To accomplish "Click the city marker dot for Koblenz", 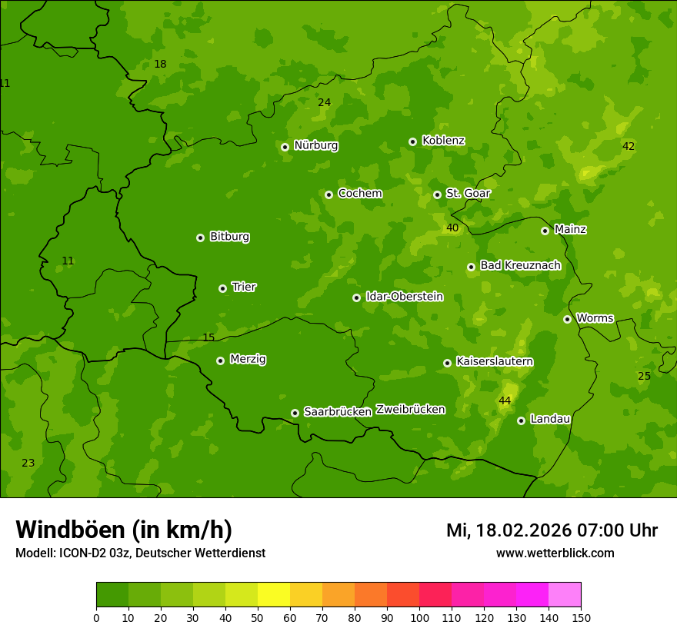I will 412,141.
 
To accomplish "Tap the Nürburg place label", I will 315,145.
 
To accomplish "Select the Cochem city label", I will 359,194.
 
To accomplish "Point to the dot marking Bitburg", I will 201,238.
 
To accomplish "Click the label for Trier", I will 243,287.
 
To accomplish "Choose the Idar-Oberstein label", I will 404,297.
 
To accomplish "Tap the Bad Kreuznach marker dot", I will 471,267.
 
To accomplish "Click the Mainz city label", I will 570,230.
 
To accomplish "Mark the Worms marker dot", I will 567,319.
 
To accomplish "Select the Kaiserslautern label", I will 494,362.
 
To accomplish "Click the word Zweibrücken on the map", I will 410,410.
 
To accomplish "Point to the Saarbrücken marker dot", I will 295,413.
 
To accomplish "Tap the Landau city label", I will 550,420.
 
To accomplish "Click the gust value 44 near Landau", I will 505,401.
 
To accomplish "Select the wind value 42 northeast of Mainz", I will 629,147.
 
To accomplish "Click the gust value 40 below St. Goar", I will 452,228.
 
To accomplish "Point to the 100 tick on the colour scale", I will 419,617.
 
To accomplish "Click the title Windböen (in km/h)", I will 124,530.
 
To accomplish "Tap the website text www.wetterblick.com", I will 555,553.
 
